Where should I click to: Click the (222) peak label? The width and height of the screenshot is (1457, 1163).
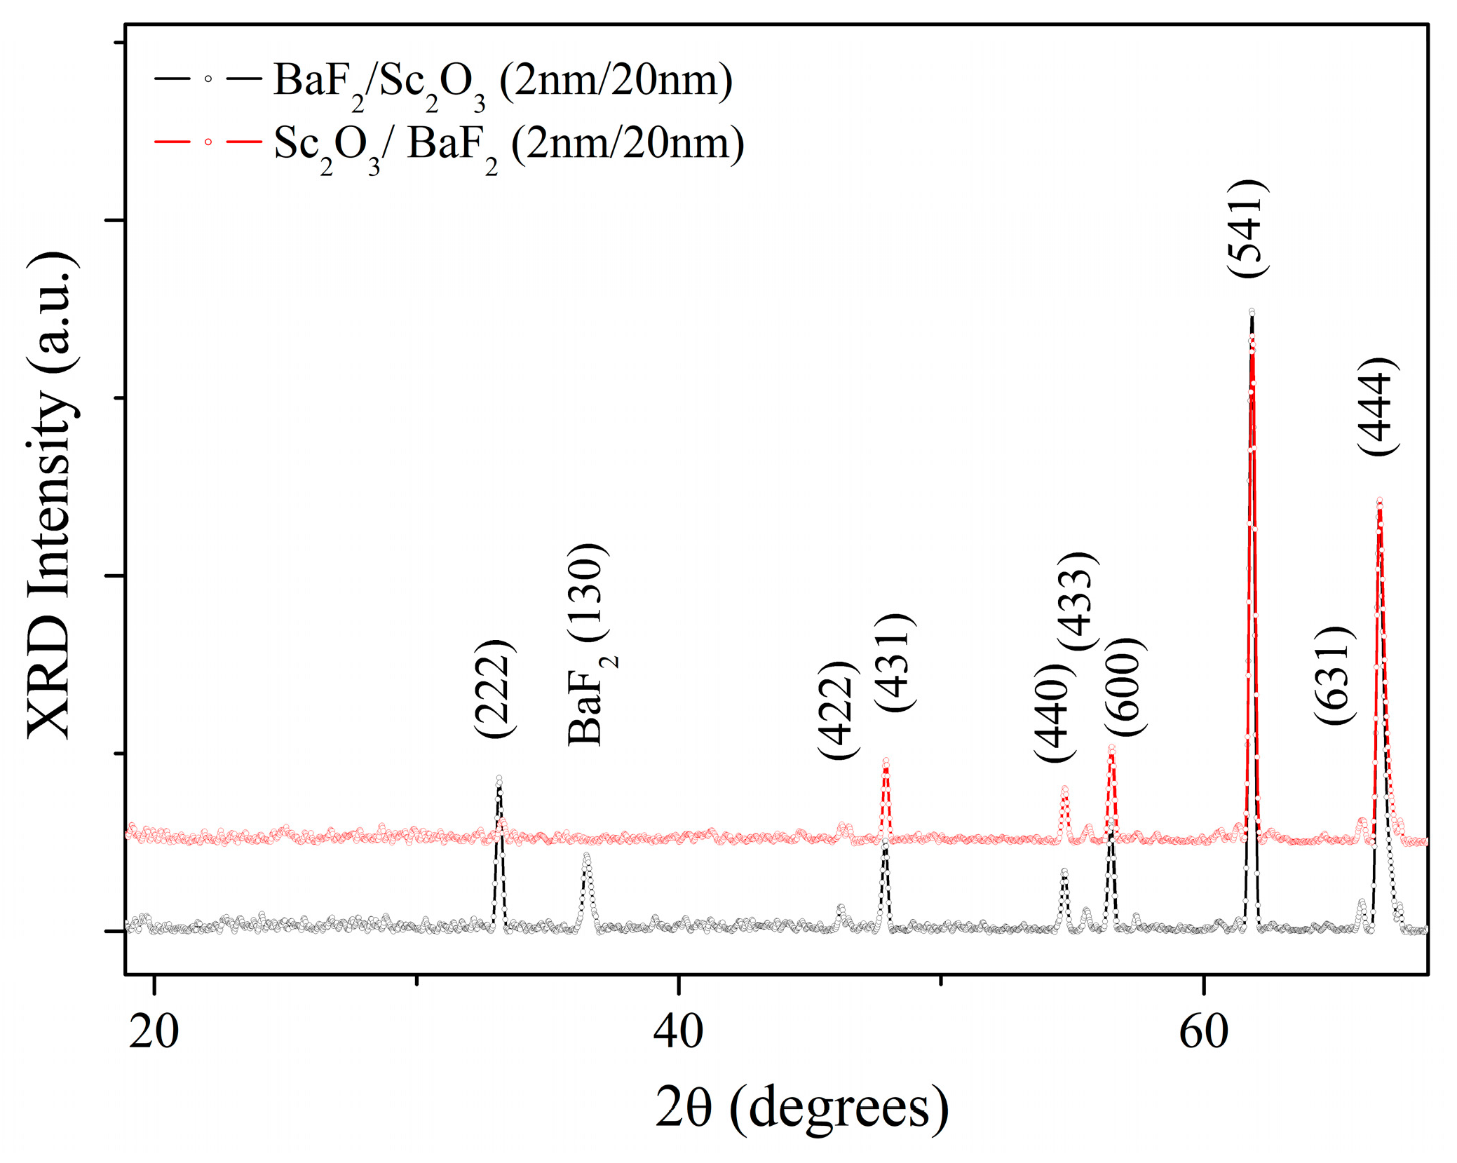[495, 688]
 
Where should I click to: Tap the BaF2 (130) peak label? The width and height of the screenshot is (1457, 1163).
[588, 644]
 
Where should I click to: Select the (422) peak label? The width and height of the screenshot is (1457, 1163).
[839, 710]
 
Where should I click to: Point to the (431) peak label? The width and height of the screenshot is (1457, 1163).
[895, 662]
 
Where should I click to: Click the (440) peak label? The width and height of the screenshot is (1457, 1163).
[1055, 712]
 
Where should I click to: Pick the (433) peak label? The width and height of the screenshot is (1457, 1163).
[1077, 601]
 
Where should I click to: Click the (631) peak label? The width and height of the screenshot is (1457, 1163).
[1334, 676]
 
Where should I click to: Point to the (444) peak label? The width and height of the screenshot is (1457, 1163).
[1377, 407]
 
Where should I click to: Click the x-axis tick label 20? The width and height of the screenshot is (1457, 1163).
[154, 1031]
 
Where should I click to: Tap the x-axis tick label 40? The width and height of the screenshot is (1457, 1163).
[678, 1031]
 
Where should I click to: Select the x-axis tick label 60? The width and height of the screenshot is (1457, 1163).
[1203, 1031]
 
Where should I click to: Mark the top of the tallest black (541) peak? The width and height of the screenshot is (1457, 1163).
[1252, 312]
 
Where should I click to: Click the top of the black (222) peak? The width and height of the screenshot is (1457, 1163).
[499, 778]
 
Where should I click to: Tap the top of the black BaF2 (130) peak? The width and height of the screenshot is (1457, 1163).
[587, 855]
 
